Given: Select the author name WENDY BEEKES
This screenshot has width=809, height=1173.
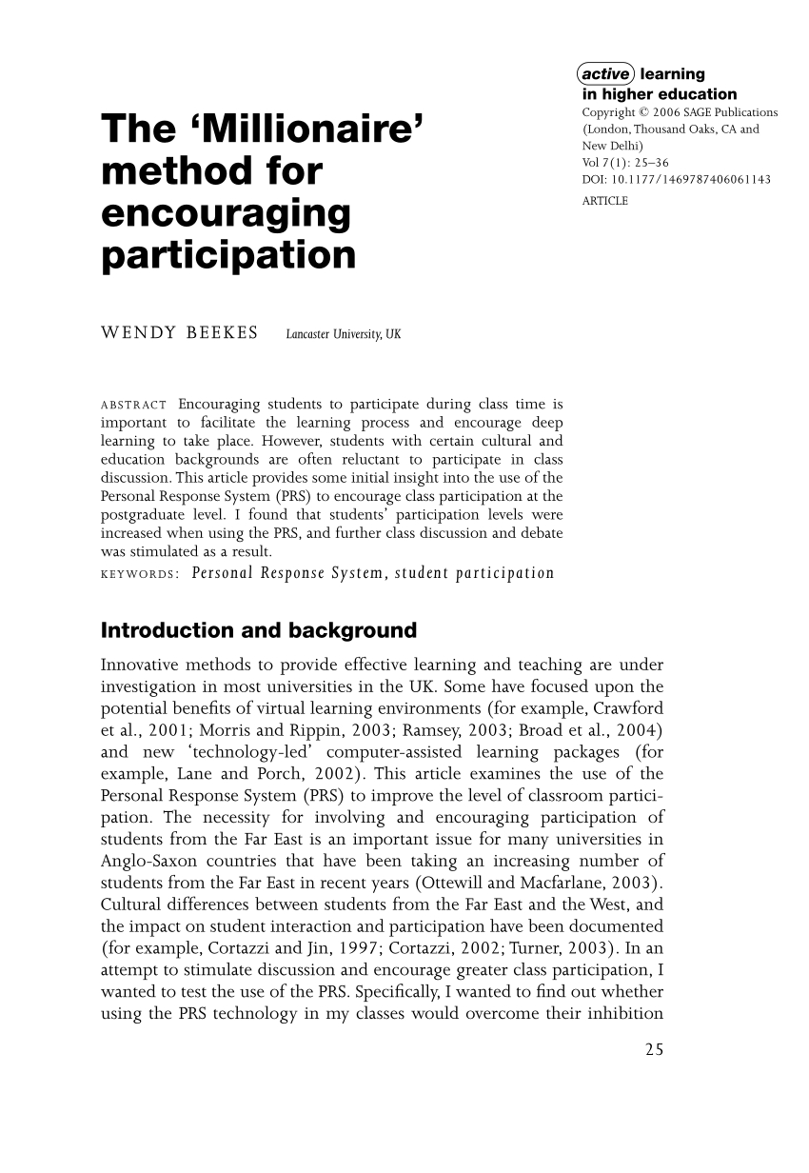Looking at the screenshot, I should pos(179,334).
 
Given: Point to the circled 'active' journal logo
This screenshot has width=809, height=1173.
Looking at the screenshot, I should pos(606,74).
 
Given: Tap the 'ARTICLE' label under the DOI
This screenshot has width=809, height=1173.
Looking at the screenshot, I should pos(604,200).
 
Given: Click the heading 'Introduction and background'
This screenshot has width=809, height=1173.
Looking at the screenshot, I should pos(259,630).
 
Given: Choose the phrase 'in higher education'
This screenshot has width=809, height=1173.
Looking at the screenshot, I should pos(659,93).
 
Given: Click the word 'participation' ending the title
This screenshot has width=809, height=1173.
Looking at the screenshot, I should pos(228,256).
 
